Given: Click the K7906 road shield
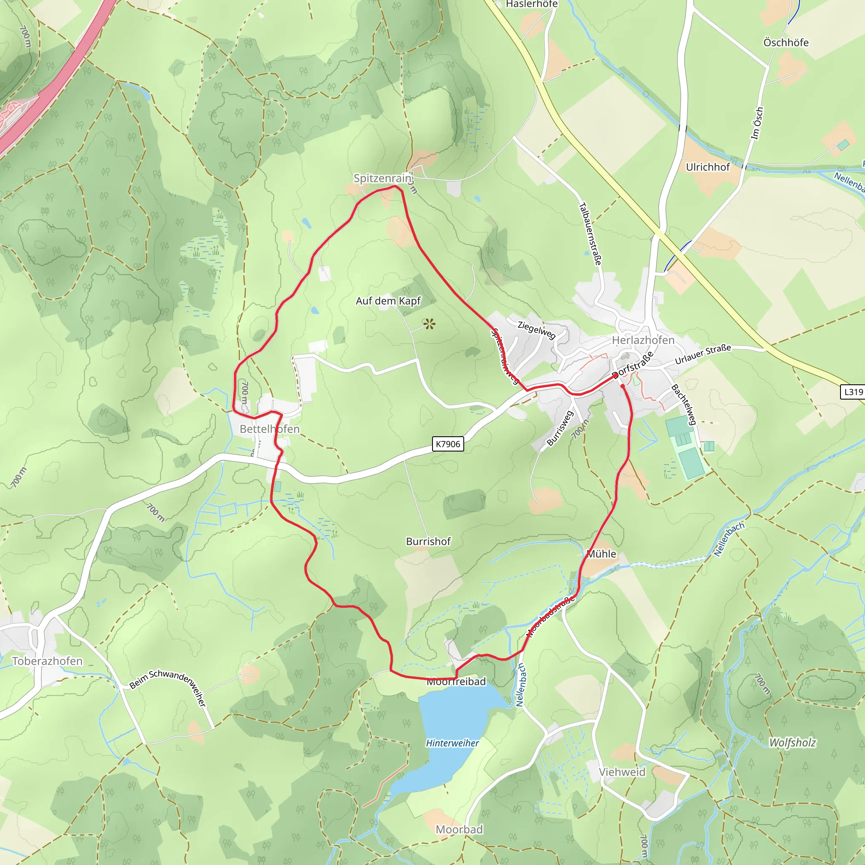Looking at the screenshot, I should click(448, 444).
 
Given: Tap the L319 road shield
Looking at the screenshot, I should click(853, 392).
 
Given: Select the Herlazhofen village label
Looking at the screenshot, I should click(643, 340).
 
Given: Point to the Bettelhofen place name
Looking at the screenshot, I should click(269, 429).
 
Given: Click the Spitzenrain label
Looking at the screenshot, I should click(382, 178).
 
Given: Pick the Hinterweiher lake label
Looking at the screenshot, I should click(452, 743).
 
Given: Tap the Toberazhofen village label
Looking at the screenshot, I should click(47, 661).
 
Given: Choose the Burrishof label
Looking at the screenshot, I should click(428, 541).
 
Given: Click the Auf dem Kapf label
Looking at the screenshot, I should click(388, 301).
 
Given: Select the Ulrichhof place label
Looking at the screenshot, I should click(708, 167).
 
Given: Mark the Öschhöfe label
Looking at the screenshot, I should click(786, 43).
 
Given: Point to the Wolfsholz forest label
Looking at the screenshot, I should click(792, 743).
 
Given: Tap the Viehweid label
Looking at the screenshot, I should click(622, 772).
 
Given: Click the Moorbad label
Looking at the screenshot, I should click(459, 829).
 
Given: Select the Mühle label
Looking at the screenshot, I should click(601, 554).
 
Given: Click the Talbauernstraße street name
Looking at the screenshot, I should click(590, 234).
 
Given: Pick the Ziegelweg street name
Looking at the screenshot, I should click(536, 330).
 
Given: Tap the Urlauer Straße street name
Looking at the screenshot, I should click(702, 354).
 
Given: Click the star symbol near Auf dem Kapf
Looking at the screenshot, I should click(429, 323).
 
